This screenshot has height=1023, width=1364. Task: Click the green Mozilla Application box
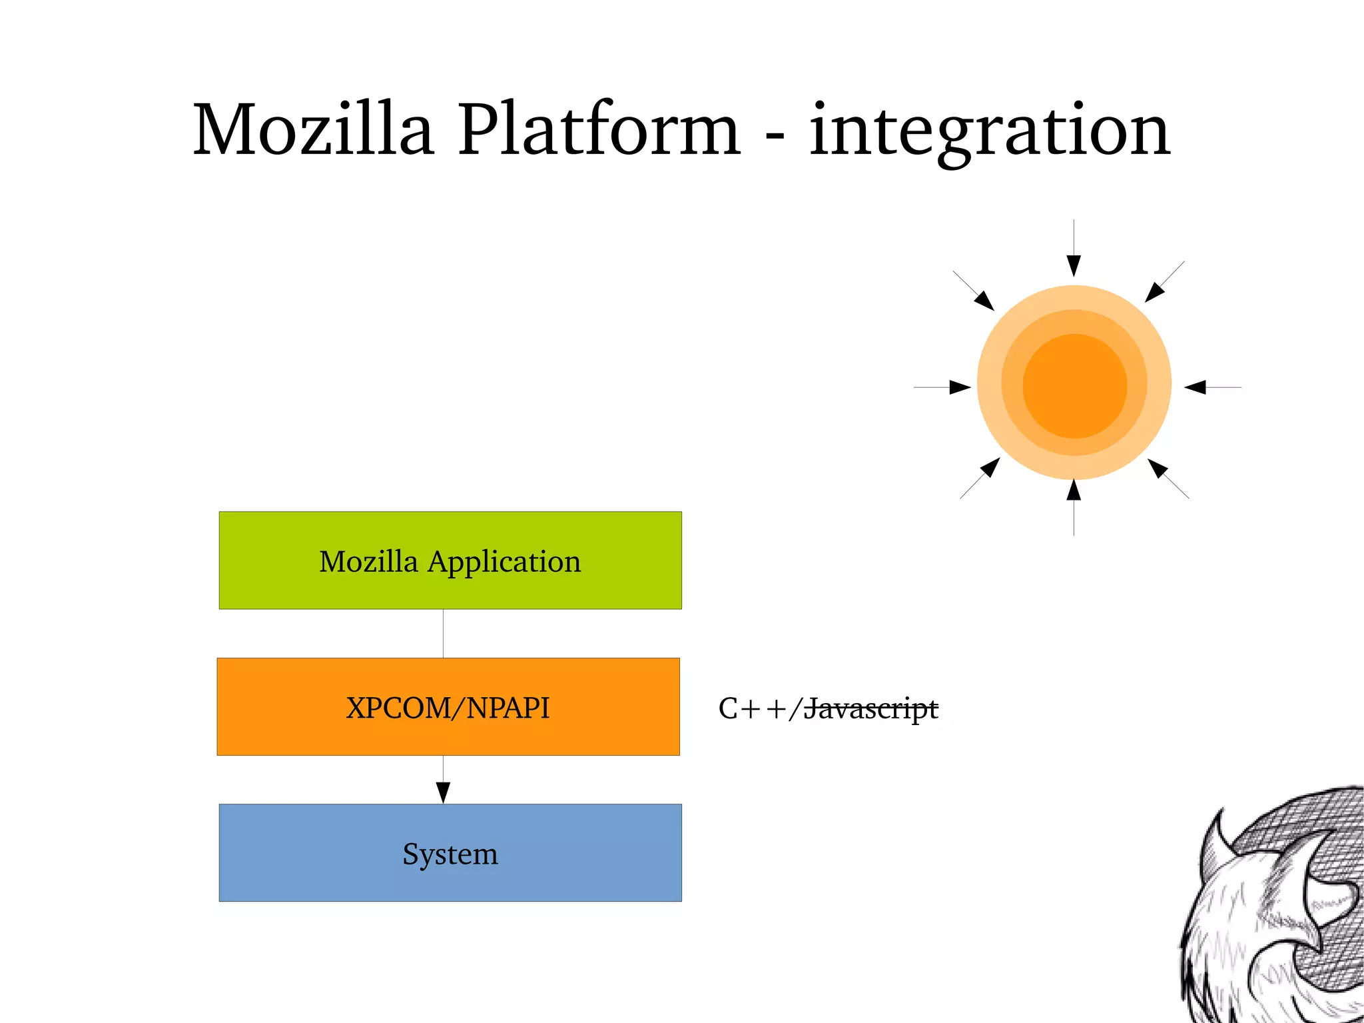[450, 560]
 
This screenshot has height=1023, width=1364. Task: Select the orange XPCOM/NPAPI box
[448, 707]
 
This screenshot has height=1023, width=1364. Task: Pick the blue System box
[450, 853]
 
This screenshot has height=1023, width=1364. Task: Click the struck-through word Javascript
[870, 708]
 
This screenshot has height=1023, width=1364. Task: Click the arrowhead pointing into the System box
[443, 792]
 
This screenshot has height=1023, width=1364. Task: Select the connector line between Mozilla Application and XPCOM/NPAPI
[443, 633]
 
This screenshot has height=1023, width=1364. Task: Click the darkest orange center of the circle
[1074, 386]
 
